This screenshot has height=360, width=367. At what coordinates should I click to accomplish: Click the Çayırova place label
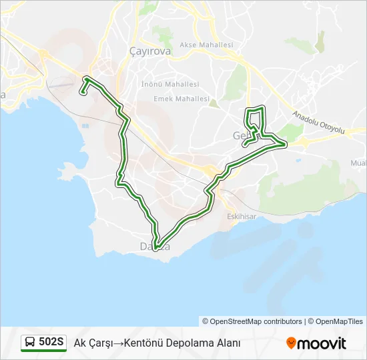pyautogui.click(x=150, y=51)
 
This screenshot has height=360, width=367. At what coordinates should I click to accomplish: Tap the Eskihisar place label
pyautogui.click(x=241, y=217)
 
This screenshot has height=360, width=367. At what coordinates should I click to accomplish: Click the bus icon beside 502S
pyautogui.click(x=30, y=343)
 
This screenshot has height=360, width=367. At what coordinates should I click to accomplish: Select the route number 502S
pyautogui.click(x=51, y=343)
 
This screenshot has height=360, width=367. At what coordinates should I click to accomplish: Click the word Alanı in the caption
pyautogui.click(x=228, y=343)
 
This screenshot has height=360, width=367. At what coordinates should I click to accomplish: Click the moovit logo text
pyautogui.click(x=322, y=343)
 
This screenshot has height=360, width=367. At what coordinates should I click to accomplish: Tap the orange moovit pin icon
pyautogui.click(x=291, y=343)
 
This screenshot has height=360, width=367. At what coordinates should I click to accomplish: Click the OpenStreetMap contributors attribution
pyautogui.click(x=256, y=321)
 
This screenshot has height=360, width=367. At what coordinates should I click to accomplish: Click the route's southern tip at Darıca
pyautogui.click(x=155, y=248)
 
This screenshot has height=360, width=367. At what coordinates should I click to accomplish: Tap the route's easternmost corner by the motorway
pyautogui.click(x=286, y=143)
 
